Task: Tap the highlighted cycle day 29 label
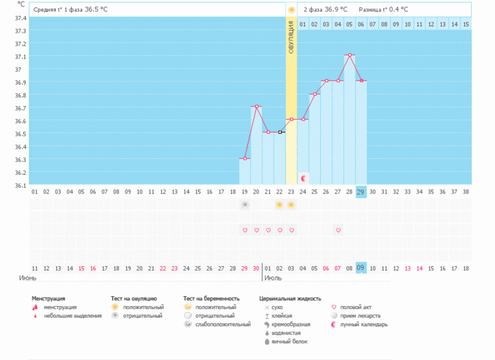click(361, 192)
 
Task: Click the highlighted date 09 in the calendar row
click(361, 268)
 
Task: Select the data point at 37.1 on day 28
click(350, 55)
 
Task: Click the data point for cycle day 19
click(245, 158)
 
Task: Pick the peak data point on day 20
click(256, 107)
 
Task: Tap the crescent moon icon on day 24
click(303, 177)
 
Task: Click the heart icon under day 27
click(338, 230)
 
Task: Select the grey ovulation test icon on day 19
click(245, 205)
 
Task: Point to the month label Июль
click(273, 278)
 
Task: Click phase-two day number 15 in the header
click(465, 24)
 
